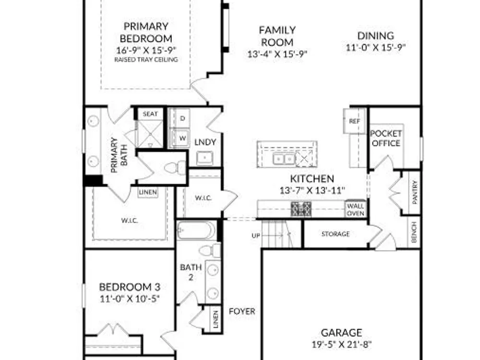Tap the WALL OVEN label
(355, 210)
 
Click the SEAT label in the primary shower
(150, 114)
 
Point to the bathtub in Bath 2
(196, 230)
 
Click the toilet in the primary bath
(175, 168)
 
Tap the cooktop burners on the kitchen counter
(301, 209)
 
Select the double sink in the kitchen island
(284, 159)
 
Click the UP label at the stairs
(256, 235)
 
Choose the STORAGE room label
(336, 234)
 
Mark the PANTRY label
(415, 192)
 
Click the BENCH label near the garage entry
(414, 232)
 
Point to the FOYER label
(242, 312)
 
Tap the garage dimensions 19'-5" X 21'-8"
(342, 344)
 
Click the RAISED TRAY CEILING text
(146, 60)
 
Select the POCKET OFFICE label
(386, 138)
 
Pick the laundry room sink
(205, 158)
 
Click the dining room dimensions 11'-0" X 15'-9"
(376, 48)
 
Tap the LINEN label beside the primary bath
(148, 192)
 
